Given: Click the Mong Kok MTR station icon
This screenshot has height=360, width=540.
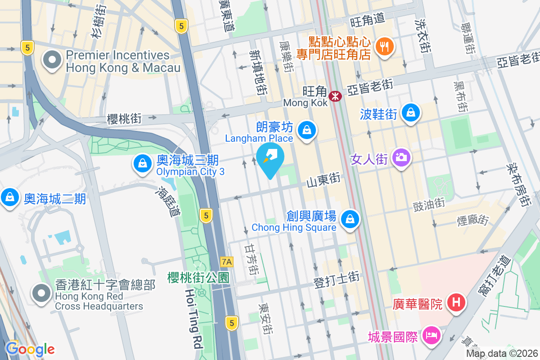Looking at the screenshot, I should (335, 96).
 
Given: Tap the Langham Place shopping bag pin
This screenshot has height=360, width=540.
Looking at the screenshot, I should (307, 130).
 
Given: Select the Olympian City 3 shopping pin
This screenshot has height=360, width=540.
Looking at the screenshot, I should (143, 164).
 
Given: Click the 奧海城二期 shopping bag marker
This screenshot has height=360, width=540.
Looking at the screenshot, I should (9, 198).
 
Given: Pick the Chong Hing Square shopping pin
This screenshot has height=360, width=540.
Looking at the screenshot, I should (350, 220).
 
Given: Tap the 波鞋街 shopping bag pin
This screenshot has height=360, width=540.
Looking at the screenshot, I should (410, 112).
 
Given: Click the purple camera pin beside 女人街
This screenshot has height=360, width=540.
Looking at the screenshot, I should (400, 157).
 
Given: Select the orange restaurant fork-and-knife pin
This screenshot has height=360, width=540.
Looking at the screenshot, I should (384, 46).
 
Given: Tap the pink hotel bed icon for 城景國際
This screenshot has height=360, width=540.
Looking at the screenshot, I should (431, 336).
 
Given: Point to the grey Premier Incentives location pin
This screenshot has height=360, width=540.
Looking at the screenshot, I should (52, 60).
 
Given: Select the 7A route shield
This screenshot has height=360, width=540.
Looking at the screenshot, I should (227, 261).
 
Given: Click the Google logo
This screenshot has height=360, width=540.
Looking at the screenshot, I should (30, 349).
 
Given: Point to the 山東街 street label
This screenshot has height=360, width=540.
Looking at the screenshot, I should (323, 181).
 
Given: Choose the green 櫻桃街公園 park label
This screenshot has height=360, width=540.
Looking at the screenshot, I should (198, 277).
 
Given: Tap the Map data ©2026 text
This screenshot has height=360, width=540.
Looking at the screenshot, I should (502, 354).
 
